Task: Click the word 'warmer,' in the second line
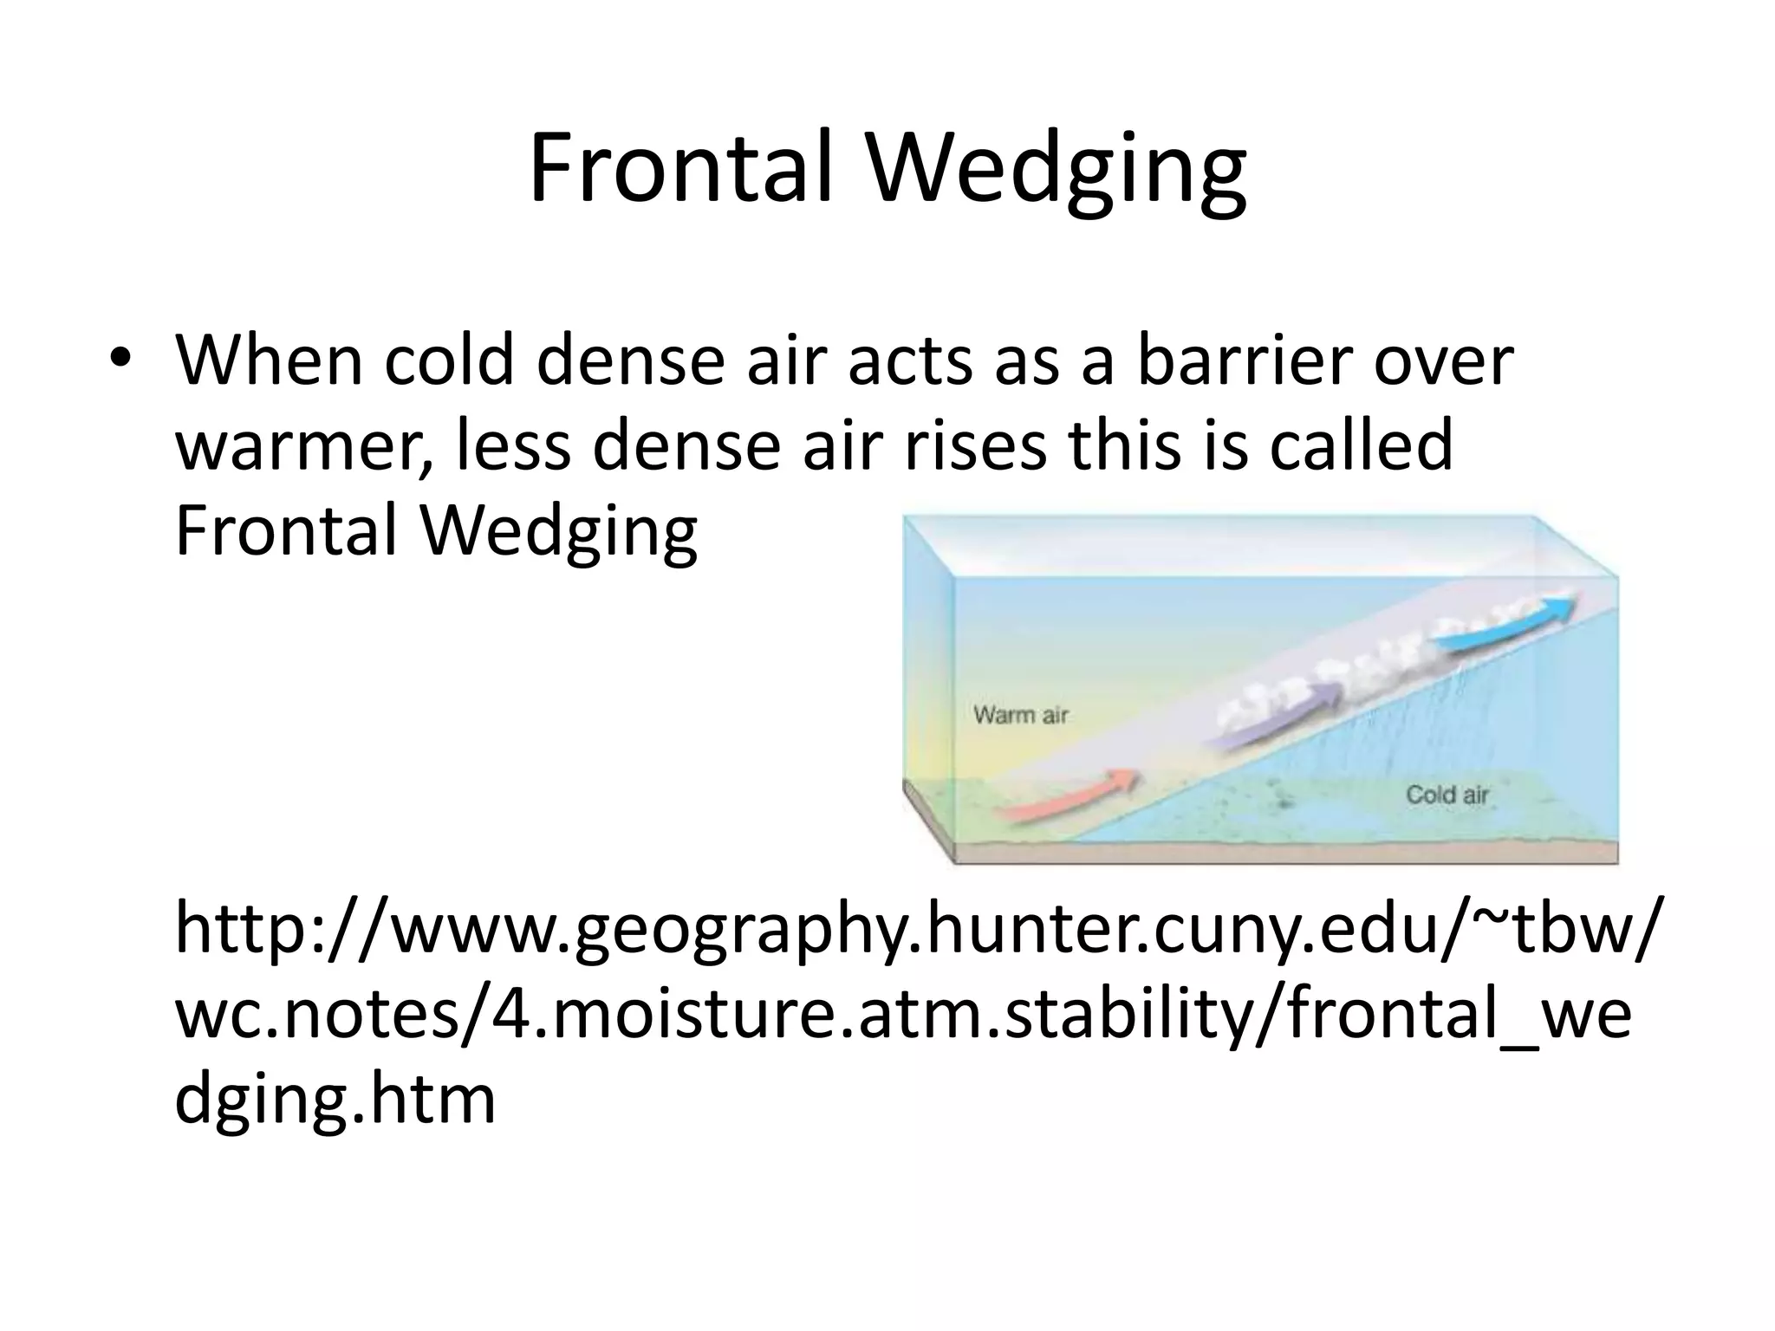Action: pos(303,446)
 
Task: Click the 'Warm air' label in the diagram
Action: pos(1020,715)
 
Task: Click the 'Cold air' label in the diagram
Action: pos(1447,794)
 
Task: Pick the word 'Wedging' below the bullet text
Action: pos(558,531)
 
